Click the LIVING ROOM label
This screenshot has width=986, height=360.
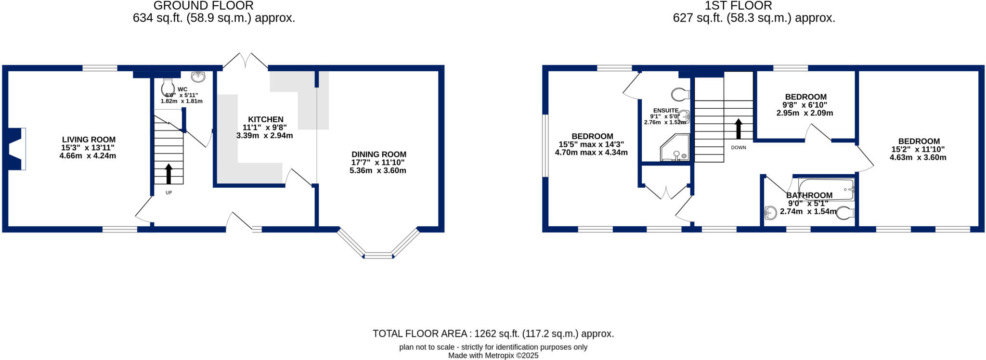(x=89, y=140)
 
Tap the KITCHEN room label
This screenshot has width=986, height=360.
(x=265, y=119)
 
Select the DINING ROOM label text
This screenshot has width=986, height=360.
(x=378, y=154)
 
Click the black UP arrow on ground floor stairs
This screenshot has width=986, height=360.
(x=169, y=174)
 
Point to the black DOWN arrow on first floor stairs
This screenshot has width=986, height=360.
(x=738, y=129)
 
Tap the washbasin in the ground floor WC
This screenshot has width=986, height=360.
(x=198, y=77)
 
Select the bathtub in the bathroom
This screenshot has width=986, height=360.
(x=826, y=189)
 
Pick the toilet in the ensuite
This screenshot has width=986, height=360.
(x=680, y=94)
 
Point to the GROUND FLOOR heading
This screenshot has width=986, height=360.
(x=203, y=6)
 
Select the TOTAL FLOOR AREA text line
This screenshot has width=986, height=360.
(x=493, y=334)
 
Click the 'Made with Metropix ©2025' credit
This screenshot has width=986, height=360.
(x=493, y=356)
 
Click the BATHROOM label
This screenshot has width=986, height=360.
(x=809, y=195)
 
